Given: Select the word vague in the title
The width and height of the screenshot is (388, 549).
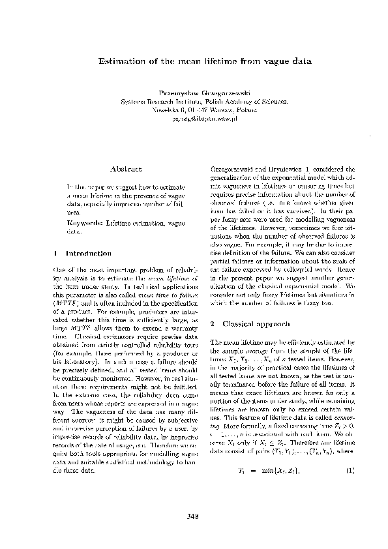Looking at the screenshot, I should [x=275, y=61].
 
